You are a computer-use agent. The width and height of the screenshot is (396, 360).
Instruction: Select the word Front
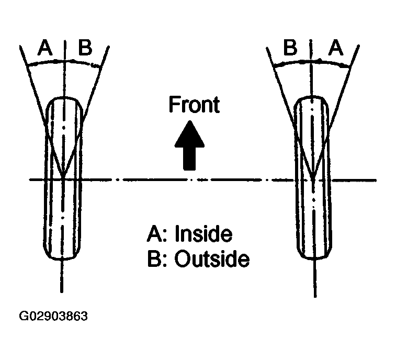(x=194, y=105)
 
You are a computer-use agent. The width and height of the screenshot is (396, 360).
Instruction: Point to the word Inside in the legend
(x=202, y=234)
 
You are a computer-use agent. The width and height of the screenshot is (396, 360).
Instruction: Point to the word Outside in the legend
(x=211, y=260)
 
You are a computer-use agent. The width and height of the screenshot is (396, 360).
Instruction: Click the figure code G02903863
(x=54, y=317)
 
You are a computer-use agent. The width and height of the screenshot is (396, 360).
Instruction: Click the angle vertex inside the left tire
(x=63, y=177)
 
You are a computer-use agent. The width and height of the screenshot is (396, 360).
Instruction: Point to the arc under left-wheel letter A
(x=44, y=62)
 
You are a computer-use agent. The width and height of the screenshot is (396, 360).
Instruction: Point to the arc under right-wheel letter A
(x=335, y=63)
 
